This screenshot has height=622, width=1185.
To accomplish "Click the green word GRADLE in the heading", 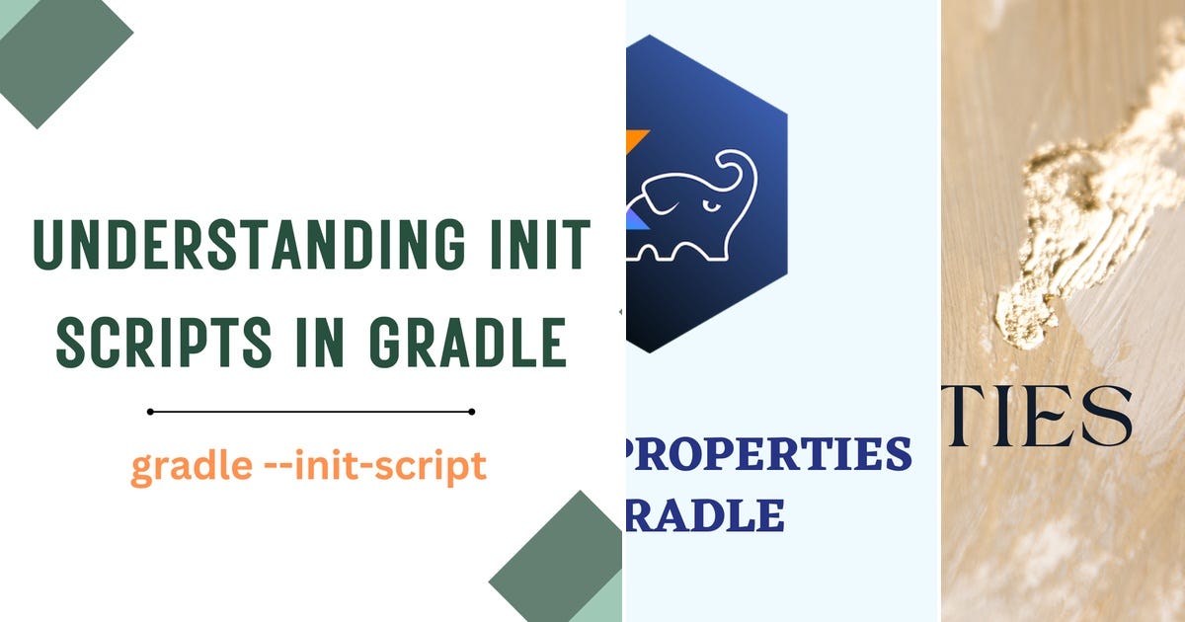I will [468, 342].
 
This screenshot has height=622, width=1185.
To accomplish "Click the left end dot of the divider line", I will [150, 412].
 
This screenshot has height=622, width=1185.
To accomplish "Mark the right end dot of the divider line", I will [471, 412].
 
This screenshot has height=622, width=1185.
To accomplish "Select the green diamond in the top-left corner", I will [59, 54].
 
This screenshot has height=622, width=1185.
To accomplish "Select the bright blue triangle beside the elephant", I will [633, 217].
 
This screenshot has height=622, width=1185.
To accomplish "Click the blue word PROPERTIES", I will [770, 453].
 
